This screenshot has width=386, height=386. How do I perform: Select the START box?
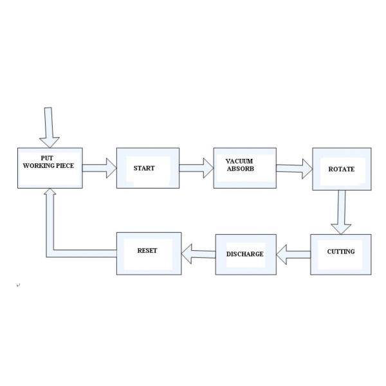(x=147, y=169)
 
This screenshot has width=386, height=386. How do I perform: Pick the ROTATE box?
(x=342, y=169)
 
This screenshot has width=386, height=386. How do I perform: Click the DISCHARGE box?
(x=245, y=254)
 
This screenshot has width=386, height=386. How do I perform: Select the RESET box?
(x=149, y=252)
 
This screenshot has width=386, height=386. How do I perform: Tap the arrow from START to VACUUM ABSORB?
(x=196, y=169)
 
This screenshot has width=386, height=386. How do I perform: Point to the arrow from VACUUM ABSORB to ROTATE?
(x=294, y=169)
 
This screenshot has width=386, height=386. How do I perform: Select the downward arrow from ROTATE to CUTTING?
(x=340, y=212)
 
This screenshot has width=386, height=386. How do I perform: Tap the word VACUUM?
(x=239, y=160)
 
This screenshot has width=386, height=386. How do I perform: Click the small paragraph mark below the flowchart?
(x=18, y=284)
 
